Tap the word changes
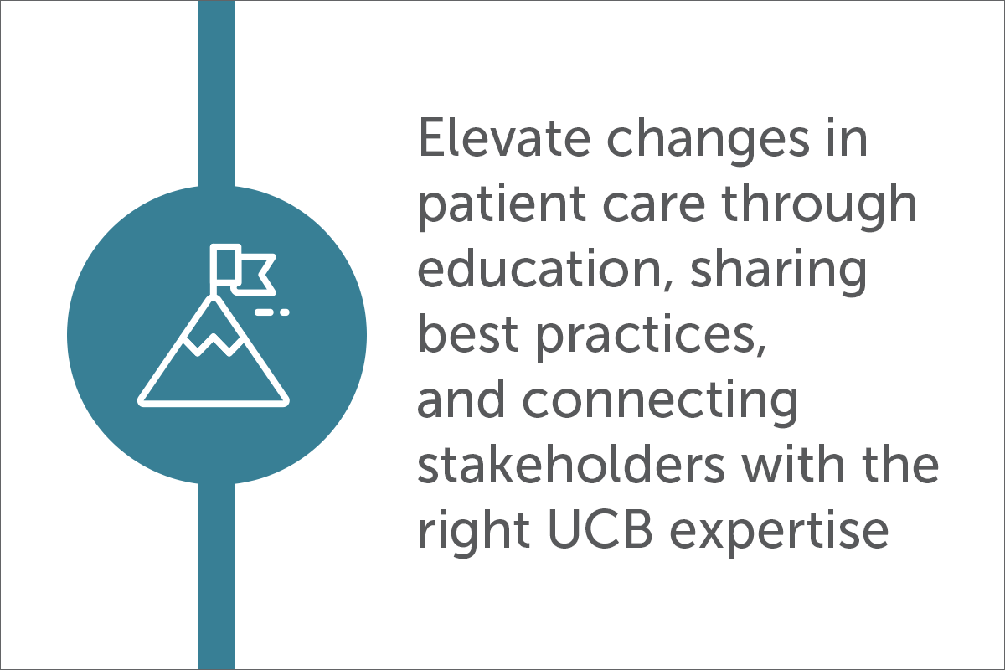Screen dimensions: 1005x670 [x=709, y=141]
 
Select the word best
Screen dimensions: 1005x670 [x=468, y=334]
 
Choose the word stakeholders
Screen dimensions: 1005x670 [x=571, y=465]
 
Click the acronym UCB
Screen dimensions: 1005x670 [x=600, y=529]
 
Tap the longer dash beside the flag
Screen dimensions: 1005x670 [x=265, y=312]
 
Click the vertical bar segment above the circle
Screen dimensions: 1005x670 [x=217, y=93]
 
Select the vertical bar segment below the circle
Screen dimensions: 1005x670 [x=217, y=577]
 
